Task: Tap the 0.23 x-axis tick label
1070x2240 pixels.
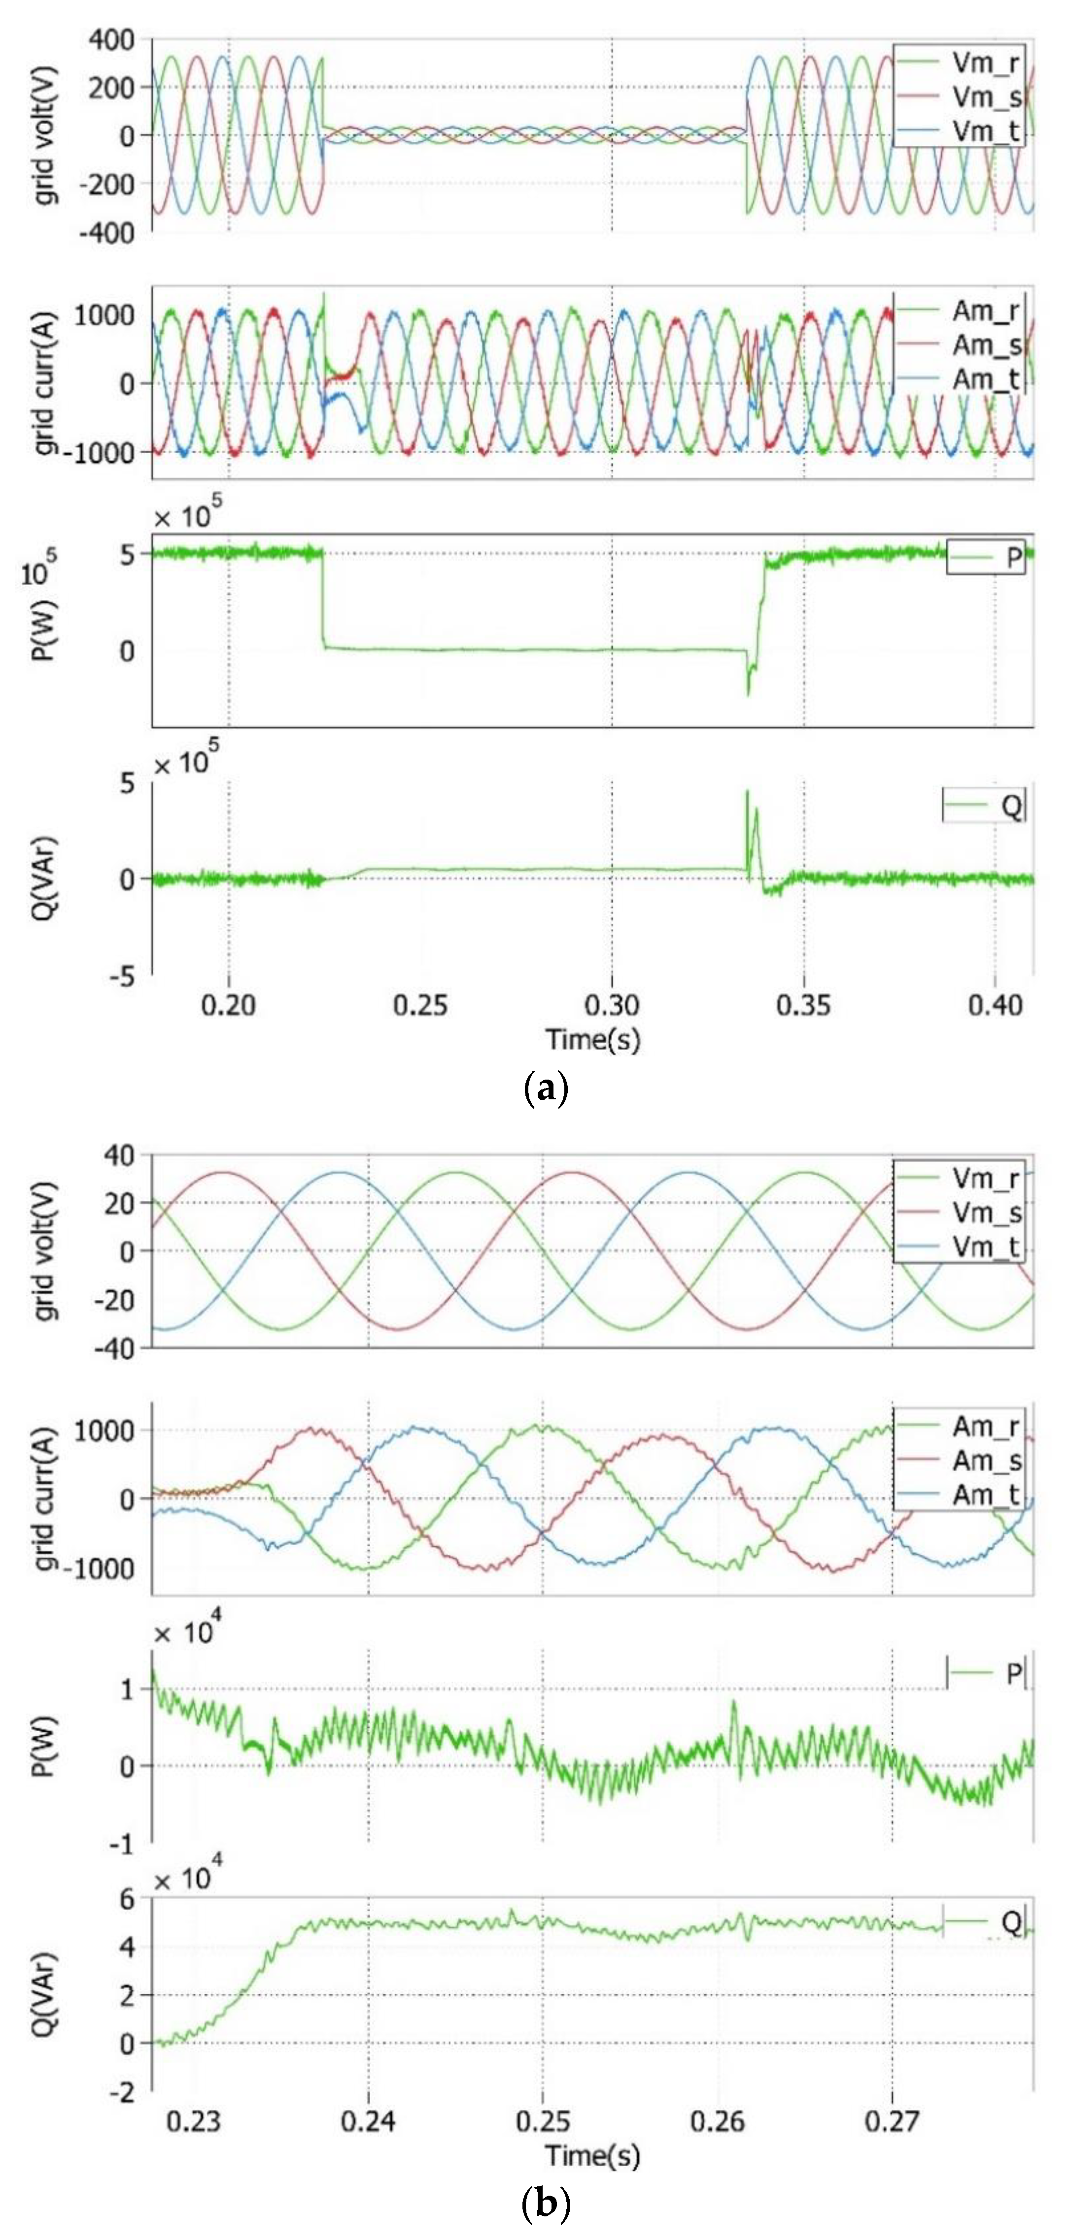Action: point(193,2122)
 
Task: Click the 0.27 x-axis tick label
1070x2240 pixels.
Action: point(892,2122)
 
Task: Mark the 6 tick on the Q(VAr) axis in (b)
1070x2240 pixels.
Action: point(127,1899)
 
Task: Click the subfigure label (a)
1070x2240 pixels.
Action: point(546,1088)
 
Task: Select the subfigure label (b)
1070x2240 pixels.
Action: point(546,2205)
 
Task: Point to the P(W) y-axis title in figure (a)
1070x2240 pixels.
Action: point(43,628)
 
